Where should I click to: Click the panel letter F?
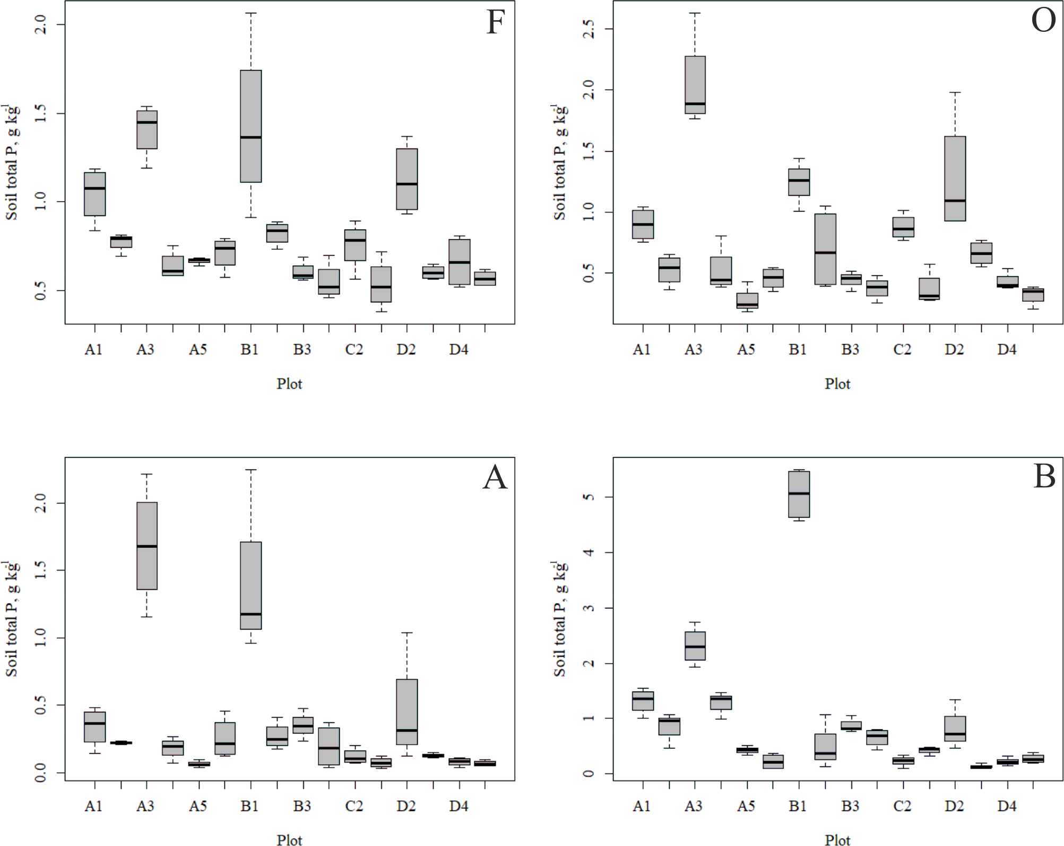point(495,23)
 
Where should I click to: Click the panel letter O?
point(1043,21)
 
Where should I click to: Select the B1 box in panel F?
point(250,126)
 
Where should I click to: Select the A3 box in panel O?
point(695,85)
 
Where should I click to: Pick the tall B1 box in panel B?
point(799,494)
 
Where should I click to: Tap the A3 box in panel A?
point(147,546)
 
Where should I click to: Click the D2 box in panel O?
point(955,179)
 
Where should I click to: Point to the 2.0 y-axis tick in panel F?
point(40,24)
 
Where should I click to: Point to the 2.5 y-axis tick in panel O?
point(589,29)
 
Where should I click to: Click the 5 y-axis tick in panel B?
point(589,497)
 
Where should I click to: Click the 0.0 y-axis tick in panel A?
point(40,772)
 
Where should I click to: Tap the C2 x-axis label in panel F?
point(354,350)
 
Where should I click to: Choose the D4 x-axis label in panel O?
point(1007,350)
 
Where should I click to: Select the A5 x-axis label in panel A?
point(198,806)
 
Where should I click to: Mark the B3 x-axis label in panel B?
point(850,806)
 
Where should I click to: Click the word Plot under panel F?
point(289,383)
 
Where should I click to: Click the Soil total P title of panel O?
point(559,162)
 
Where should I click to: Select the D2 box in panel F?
point(407,179)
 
